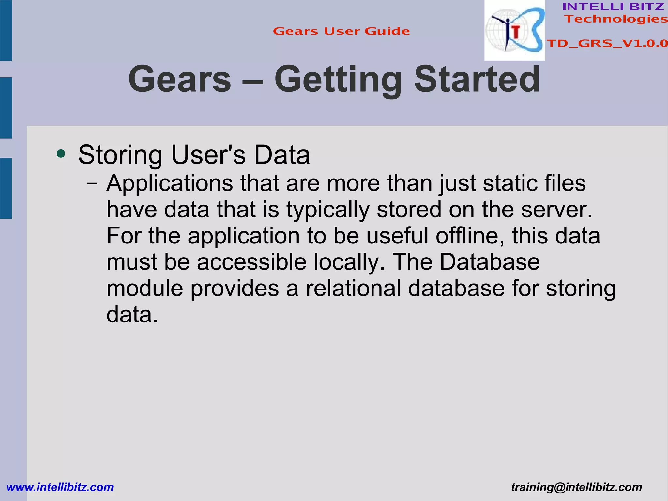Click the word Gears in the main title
coord(180,79)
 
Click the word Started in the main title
coord(477,79)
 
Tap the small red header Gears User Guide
coord(341,31)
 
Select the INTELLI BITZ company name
coord(613,7)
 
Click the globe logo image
coord(514,31)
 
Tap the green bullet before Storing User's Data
coord(61,153)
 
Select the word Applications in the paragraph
coord(170,184)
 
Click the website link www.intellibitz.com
coord(60,487)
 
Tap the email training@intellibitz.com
coord(576,487)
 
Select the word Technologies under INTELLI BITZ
coord(616,19)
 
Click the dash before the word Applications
coord(92,184)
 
